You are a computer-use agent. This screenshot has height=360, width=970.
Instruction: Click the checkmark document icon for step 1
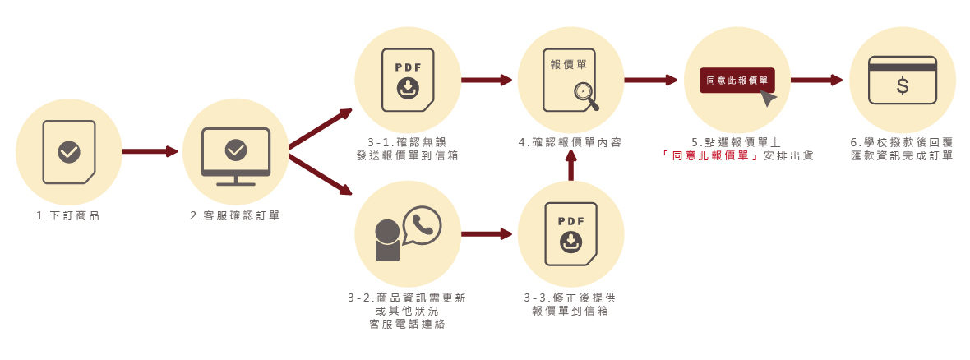pos(69,152)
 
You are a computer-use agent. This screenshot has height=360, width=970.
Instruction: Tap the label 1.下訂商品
pos(74,216)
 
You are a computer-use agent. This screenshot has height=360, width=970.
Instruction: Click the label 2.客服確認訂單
pos(235,216)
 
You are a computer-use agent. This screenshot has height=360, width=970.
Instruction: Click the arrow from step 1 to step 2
pos(150,151)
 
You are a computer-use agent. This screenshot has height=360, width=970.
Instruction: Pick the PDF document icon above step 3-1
pos(408,80)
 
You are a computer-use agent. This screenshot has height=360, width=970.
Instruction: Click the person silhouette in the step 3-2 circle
pos(387,240)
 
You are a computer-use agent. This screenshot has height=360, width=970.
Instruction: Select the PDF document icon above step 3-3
pos(570,234)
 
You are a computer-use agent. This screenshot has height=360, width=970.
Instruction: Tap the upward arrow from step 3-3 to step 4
pos(571,167)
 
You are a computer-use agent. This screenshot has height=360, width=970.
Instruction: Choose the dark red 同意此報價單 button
pos(737,80)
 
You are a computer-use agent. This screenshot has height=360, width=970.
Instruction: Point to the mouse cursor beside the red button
pos(768,98)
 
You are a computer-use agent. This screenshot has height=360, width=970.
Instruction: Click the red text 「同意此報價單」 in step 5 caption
pos(710,155)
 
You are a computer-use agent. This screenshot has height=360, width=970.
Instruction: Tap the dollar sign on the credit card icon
pos(903,86)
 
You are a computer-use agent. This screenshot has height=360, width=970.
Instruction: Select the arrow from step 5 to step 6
pos(816,80)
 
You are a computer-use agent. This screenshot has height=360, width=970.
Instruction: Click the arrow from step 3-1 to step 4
pos(486,80)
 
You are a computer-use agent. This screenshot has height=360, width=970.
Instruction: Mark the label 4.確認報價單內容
pos(570,142)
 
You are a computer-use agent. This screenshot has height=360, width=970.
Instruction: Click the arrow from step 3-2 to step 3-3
pos(486,234)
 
